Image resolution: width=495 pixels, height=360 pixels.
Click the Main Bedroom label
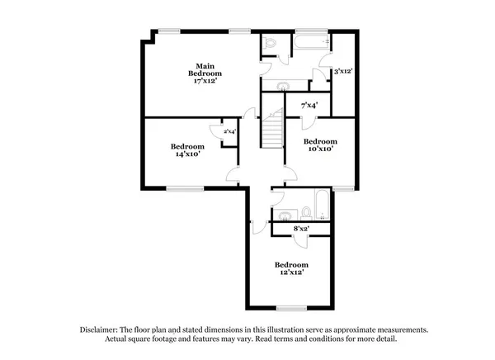pyautogui.click(x=205, y=73)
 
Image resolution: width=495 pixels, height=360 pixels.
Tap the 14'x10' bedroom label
pyautogui.click(x=188, y=149)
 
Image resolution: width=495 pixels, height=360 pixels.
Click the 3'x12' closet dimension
pyautogui.click(x=342, y=72)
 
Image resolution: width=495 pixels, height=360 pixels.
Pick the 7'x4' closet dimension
pyautogui.click(x=309, y=105)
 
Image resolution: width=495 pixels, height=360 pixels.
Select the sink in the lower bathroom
pyautogui.click(x=285, y=216)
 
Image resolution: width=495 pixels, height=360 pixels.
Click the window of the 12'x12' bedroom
pyautogui.click(x=292, y=308)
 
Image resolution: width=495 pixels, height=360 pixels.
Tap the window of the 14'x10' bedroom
pyautogui.click(x=179, y=188)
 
